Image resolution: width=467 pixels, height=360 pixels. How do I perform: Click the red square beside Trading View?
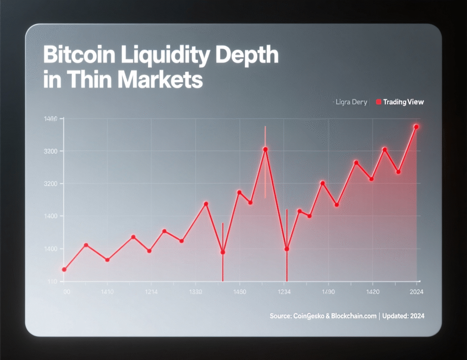(x=378, y=102)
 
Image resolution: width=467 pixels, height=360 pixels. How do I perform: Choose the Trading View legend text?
(x=404, y=102)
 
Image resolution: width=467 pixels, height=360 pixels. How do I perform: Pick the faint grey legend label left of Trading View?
(x=351, y=102)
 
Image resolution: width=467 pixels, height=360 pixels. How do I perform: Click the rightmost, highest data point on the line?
(x=416, y=127)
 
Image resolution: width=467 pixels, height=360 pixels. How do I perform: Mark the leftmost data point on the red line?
(x=64, y=269)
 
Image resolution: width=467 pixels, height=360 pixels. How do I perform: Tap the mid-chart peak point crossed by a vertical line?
(x=265, y=149)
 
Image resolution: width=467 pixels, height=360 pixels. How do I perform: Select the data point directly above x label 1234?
(x=287, y=249)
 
